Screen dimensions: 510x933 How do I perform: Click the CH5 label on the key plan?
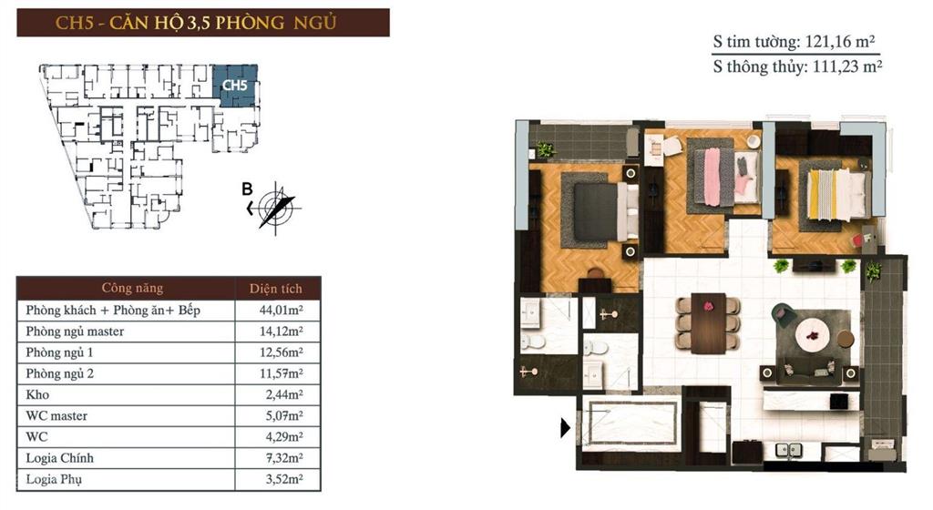click(x=234, y=86)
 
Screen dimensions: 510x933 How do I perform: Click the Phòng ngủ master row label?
click(x=76, y=331)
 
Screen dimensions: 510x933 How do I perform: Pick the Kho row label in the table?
click(x=37, y=394)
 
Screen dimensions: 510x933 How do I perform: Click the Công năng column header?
click(x=132, y=289)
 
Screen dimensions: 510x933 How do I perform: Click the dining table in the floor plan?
click(x=708, y=322)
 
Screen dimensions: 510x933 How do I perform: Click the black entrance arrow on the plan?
click(x=566, y=425)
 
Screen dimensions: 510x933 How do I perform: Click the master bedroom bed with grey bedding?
click(x=599, y=210)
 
